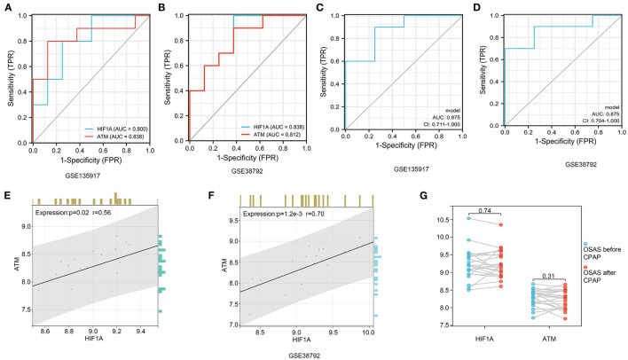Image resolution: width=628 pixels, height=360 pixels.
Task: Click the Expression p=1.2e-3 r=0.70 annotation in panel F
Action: [x=271, y=214]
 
